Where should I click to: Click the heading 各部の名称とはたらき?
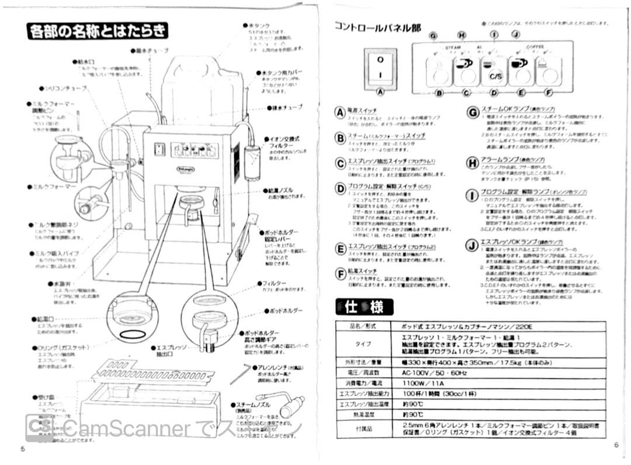click(97, 30)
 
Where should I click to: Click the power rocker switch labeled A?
click(380, 68)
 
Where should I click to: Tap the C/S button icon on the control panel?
click(494, 75)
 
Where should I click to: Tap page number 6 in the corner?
click(616, 445)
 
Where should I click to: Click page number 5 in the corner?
click(22, 449)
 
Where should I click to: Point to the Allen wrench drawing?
click(240, 372)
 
